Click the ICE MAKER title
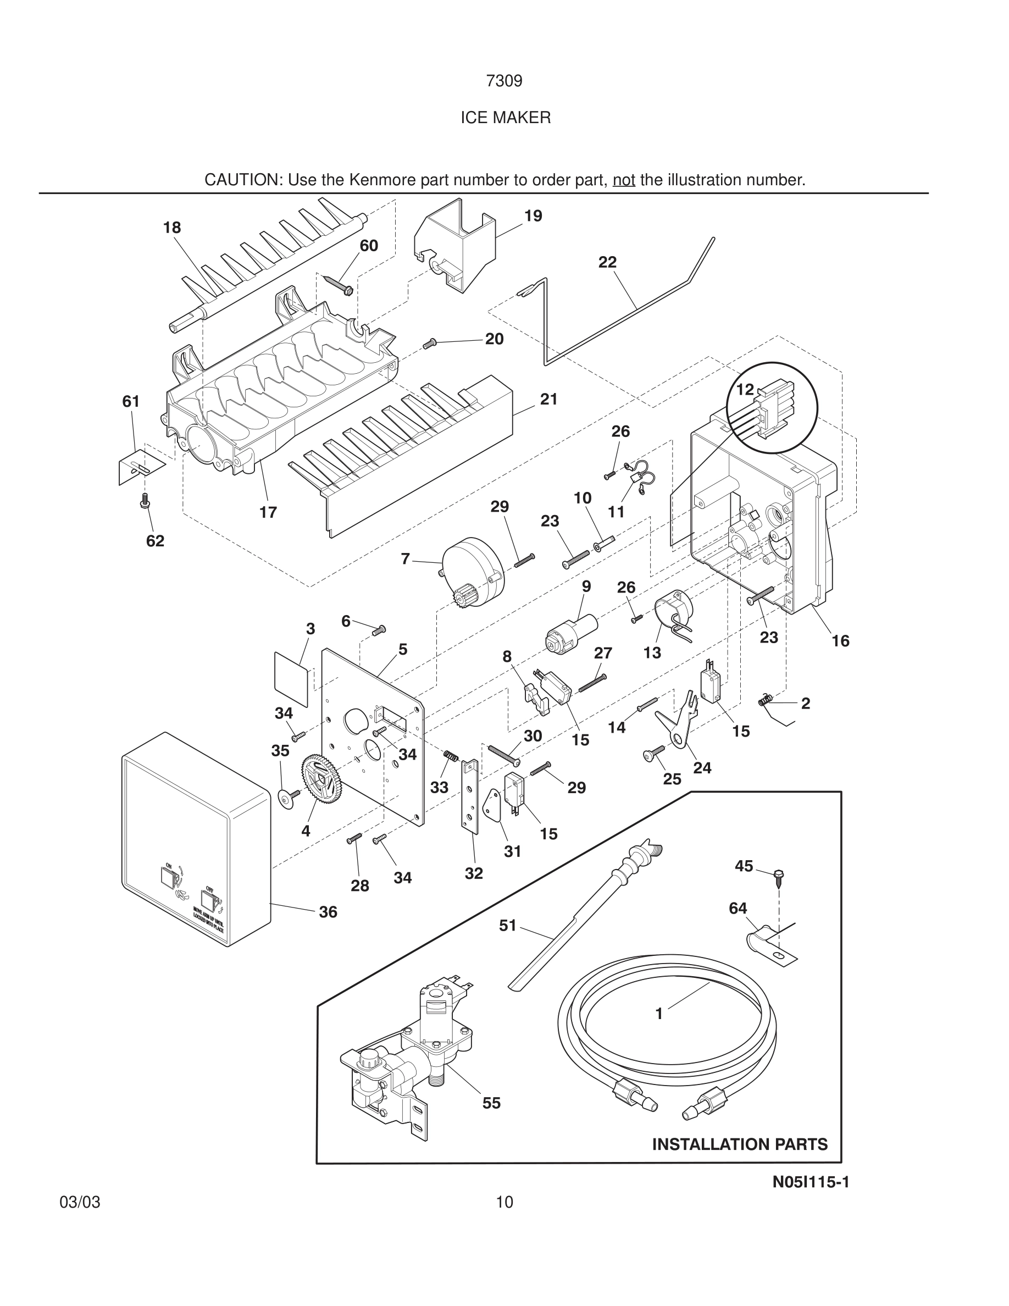[505, 118]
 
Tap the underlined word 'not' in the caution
[623, 179]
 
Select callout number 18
[171, 227]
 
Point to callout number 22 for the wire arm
[607, 262]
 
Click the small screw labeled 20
[430, 343]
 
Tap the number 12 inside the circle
[744, 389]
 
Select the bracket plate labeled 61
[141, 467]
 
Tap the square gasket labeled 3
[292, 679]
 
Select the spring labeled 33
[451, 757]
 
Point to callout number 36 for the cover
[328, 911]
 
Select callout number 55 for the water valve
[491, 1103]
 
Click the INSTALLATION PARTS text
[739, 1144]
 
